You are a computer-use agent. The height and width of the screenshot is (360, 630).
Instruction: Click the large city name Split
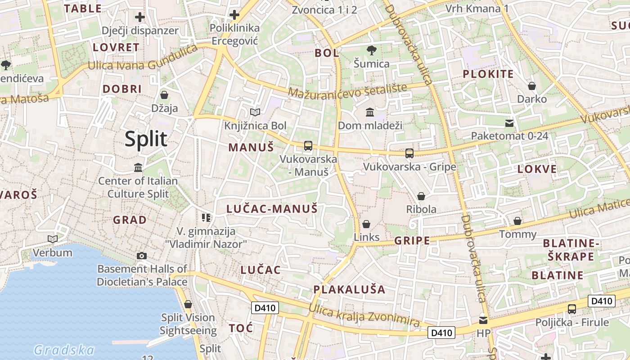[x=146, y=139]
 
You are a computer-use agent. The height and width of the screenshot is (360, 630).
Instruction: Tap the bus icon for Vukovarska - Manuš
[x=308, y=145]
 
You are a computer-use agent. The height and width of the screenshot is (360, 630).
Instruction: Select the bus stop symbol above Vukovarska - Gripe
[x=409, y=153]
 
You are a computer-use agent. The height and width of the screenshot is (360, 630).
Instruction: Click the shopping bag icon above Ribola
[x=421, y=196]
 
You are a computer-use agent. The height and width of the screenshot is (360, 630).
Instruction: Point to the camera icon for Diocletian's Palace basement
[x=142, y=256]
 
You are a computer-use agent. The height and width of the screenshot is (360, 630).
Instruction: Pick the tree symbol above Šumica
[x=371, y=50]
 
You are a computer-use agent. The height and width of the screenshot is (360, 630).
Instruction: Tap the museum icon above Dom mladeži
[x=370, y=112]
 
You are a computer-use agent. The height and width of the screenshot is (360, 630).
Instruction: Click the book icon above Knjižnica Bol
[x=255, y=112]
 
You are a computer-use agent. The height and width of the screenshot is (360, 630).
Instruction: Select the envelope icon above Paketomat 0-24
[x=509, y=123]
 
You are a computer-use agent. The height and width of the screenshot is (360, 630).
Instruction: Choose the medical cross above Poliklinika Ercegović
[x=234, y=15]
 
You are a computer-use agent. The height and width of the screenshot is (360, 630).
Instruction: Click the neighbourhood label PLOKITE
[x=488, y=74]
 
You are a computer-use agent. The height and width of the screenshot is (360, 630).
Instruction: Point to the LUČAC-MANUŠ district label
[x=272, y=209]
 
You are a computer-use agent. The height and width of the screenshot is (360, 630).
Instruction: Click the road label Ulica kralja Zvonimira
[x=364, y=315]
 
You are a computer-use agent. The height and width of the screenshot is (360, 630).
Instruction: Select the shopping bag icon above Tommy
[x=517, y=221]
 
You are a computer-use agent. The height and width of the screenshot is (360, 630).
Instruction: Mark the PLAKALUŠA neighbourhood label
[x=349, y=289]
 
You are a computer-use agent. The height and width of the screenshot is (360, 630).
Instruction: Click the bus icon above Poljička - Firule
[x=572, y=309]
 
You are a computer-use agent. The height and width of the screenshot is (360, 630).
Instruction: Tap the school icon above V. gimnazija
[x=206, y=218]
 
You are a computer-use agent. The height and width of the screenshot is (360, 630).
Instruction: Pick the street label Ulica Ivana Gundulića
[x=143, y=60]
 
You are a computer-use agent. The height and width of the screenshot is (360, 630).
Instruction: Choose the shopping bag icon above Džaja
[x=164, y=95]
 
